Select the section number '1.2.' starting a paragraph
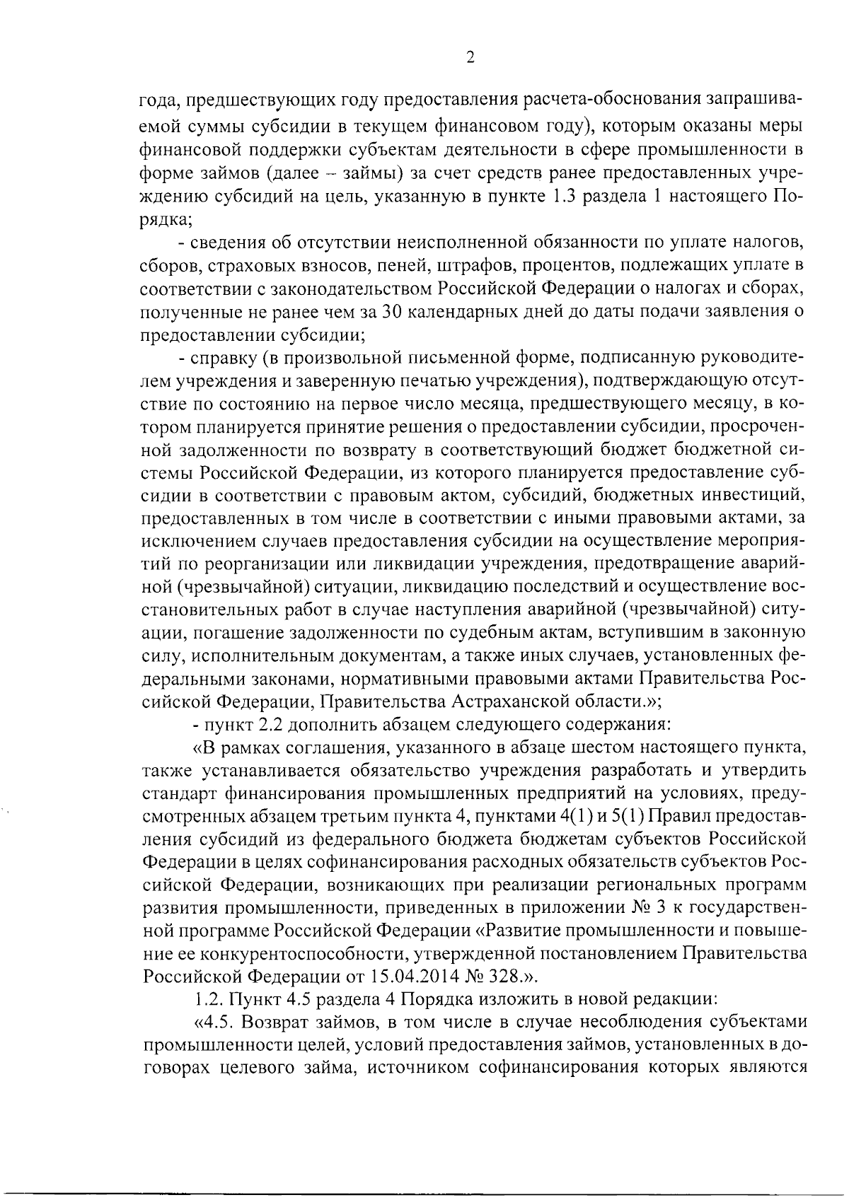pos(207,1000)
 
